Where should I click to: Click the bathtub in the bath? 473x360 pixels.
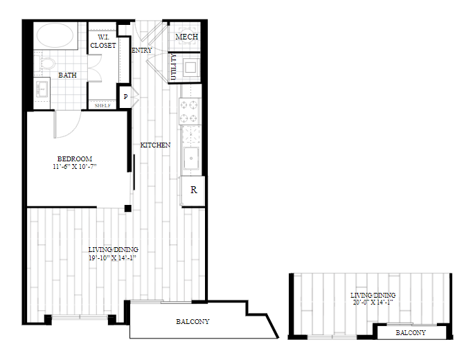(x=55, y=35)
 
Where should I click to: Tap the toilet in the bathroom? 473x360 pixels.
(x=45, y=63)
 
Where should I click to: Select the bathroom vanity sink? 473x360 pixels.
(x=42, y=89)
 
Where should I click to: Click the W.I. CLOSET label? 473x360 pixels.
(x=103, y=42)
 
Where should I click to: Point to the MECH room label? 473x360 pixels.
(x=187, y=37)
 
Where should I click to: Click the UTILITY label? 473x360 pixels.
(x=173, y=67)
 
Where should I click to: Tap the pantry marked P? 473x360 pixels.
(x=125, y=97)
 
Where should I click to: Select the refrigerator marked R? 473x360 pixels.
(x=193, y=190)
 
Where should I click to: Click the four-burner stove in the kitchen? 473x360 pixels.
(x=189, y=111)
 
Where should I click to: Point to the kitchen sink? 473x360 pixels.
(x=191, y=159)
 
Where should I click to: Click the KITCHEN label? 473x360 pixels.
(x=155, y=145)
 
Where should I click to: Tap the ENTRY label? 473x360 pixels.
(x=142, y=51)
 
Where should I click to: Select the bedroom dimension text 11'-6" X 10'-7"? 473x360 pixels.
(x=75, y=166)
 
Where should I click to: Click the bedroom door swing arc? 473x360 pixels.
(x=73, y=130)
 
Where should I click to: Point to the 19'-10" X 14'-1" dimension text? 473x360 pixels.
(x=112, y=258)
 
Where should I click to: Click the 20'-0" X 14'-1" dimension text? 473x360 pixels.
(x=373, y=302)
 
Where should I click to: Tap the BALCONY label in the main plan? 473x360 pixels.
(x=193, y=322)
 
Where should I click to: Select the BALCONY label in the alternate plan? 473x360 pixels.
(x=411, y=332)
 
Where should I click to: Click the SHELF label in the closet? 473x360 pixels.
(x=102, y=106)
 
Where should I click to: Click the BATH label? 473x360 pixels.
(x=67, y=75)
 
